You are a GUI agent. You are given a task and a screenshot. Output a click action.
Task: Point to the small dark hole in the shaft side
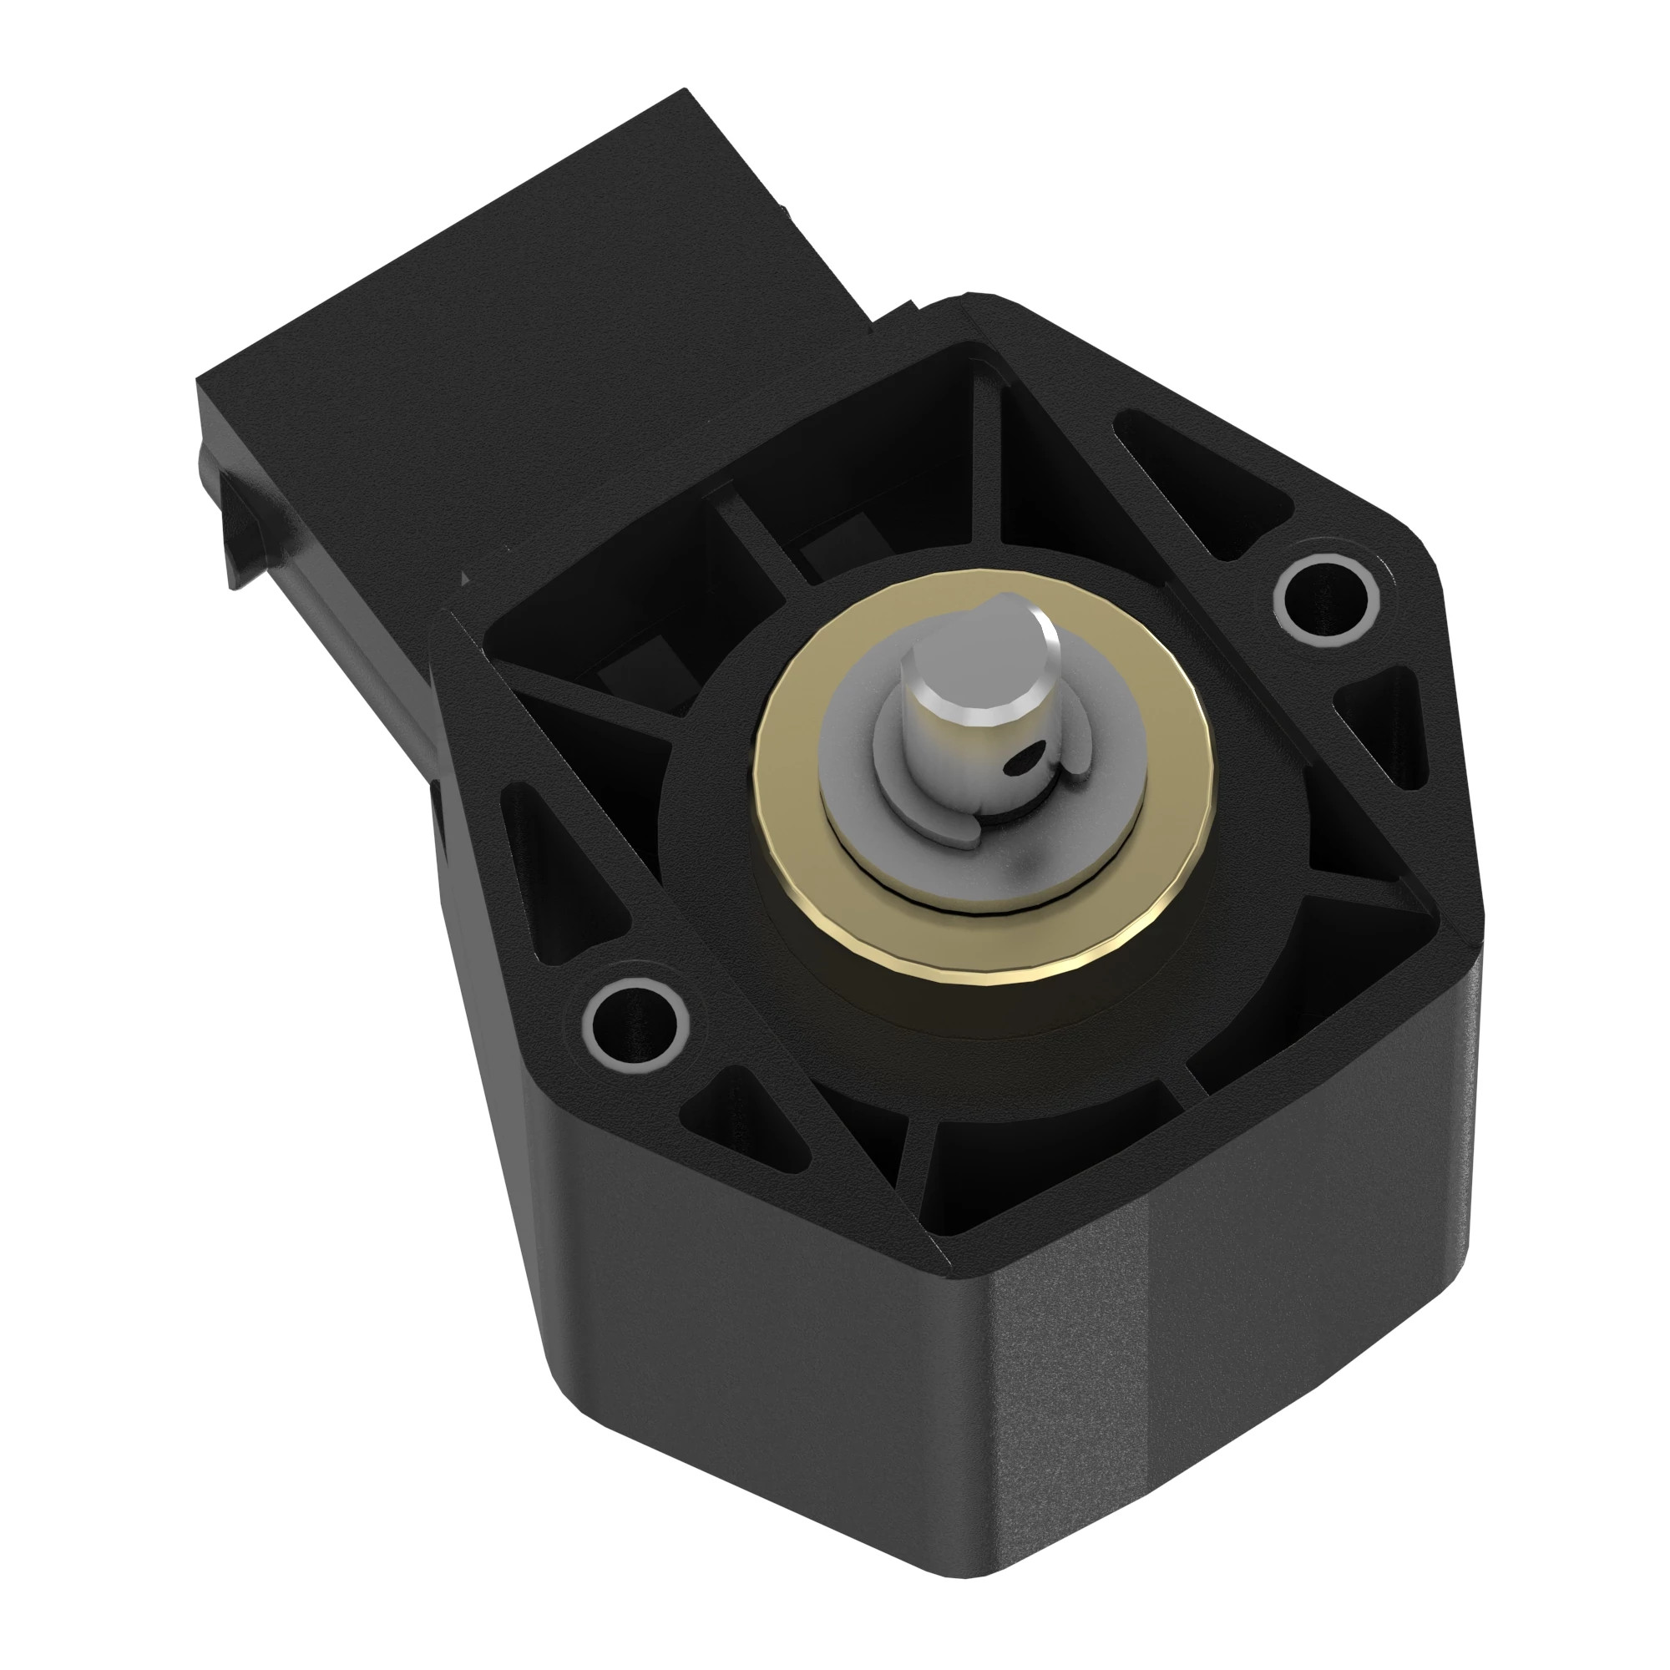click(1026, 761)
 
